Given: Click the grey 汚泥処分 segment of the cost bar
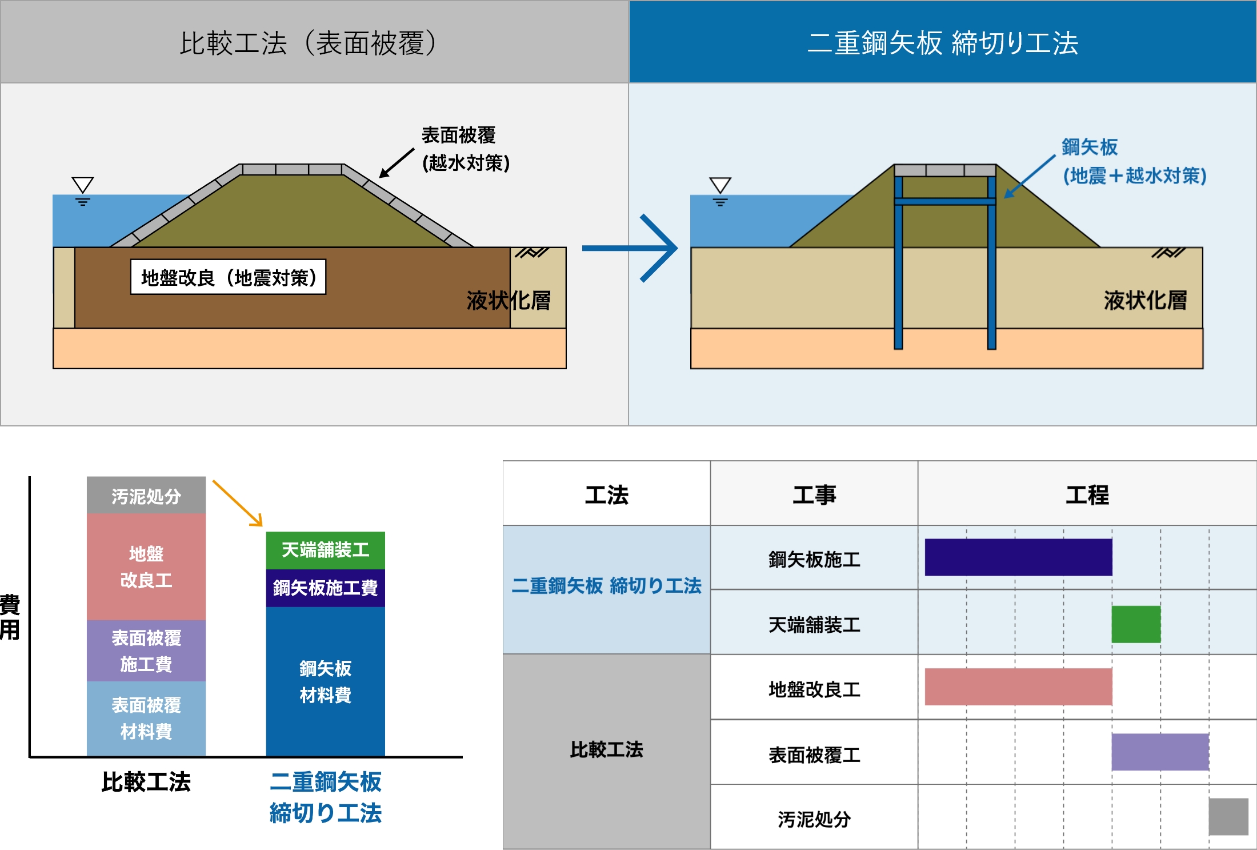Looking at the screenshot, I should click(146, 495).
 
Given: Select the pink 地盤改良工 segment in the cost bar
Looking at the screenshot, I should click(146, 566).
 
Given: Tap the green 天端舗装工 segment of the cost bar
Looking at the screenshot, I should click(325, 550).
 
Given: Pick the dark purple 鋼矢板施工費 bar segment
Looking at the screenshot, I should click(325, 588).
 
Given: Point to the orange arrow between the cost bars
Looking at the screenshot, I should click(237, 503).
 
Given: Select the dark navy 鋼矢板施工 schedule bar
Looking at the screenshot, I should click(1018, 557).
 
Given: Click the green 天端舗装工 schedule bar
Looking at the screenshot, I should click(1136, 624).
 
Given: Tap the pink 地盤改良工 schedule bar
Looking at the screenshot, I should click(1018, 687).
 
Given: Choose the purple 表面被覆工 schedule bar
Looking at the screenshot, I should click(1160, 752).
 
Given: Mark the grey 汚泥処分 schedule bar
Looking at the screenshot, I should click(1228, 817).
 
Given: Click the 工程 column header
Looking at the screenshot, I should click(1087, 494).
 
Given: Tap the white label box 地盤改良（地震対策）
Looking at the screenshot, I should click(228, 277).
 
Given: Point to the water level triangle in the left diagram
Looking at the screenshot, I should click(83, 185).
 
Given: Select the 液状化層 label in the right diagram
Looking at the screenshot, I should click(1145, 300).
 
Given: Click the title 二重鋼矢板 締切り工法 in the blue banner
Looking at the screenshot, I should click(942, 43).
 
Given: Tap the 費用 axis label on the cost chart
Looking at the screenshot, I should click(10, 617).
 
